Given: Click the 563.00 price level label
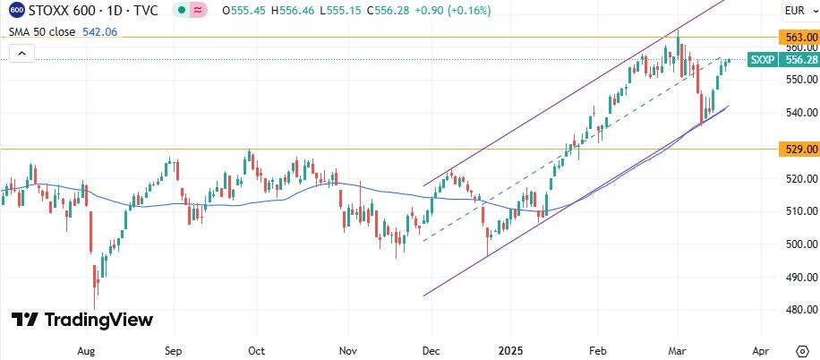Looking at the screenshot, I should [800, 38].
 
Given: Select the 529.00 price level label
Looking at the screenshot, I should [800, 148].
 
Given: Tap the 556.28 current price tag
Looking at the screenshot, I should [800, 60].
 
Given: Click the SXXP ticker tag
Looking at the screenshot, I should [762, 60].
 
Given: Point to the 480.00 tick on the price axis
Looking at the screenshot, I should [800, 310].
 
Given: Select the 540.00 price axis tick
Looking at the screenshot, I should [800, 113].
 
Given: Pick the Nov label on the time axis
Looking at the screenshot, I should [349, 351].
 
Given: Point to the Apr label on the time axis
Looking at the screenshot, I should [760, 351].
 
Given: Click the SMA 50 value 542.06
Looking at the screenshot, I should [98, 31].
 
